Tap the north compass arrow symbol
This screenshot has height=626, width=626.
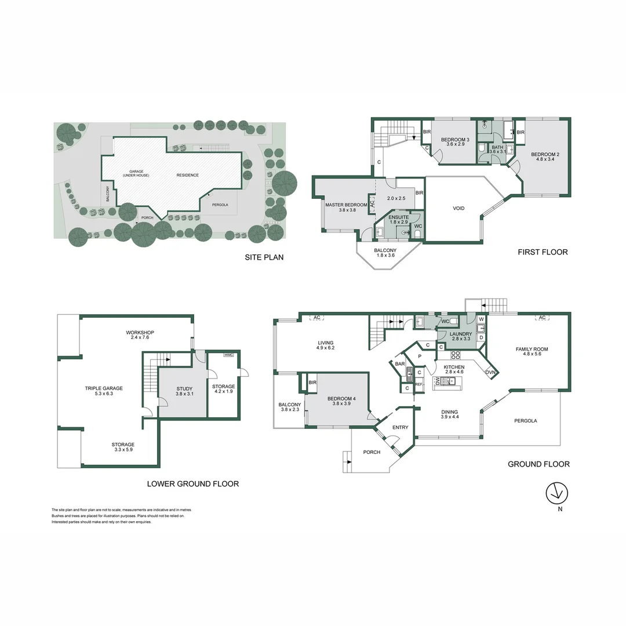point(558,493)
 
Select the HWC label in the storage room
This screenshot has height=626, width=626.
point(228,355)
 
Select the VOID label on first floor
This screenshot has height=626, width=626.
point(458,209)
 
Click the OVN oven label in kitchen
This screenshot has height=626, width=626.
point(491,372)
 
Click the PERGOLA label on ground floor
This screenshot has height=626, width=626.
point(526,421)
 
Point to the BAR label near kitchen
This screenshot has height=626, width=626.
point(399,364)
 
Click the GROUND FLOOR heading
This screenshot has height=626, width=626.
point(538,464)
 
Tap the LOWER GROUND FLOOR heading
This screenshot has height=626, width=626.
point(192,484)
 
